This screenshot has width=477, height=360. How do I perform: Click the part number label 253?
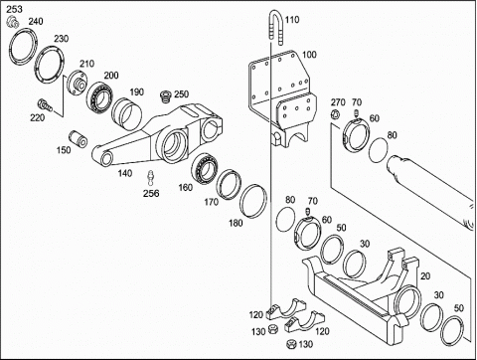click(x=15, y=9)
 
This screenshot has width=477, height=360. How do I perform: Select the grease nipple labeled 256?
click(x=151, y=178)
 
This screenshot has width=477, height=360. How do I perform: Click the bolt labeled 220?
click(x=45, y=105)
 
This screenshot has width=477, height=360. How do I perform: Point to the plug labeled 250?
click(x=165, y=96)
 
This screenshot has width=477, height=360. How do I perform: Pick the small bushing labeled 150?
click(x=79, y=139)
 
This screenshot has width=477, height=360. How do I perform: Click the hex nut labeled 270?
click(x=335, y=114)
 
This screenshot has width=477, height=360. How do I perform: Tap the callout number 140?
click(x=125, y=173)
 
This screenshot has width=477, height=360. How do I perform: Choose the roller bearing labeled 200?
click(x=100, y=95)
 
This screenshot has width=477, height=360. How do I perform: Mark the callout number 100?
click(x=309, y=55)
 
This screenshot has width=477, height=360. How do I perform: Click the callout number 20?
click(x=425, y=276)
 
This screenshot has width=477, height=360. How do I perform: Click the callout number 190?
click(x=136, y=91)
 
